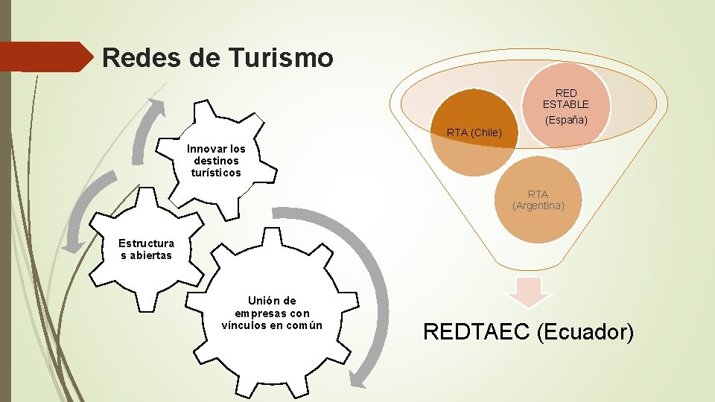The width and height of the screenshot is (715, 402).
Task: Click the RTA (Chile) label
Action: coord(474,133)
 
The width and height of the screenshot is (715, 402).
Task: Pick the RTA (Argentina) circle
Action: coord(538,200)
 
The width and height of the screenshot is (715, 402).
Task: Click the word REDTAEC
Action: coord(476,331)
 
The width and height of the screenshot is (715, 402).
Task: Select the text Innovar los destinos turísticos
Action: coord(216,161)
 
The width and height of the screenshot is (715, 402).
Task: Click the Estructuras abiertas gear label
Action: coord(146,249)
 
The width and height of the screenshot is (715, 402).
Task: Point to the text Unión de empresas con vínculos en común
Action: coord(272,313)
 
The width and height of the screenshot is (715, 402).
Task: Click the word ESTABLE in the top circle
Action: coord(565,104)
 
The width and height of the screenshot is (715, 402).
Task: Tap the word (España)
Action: coord(566,120)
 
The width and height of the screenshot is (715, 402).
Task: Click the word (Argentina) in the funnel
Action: coord(538,205)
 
